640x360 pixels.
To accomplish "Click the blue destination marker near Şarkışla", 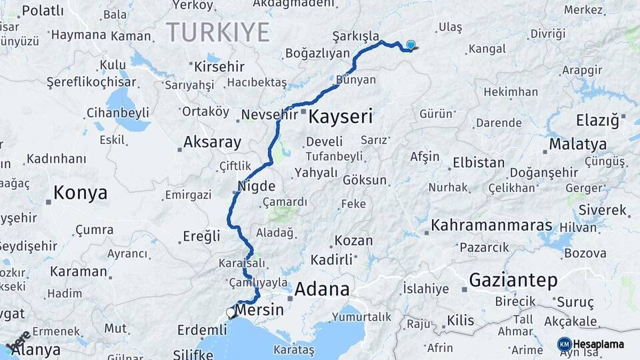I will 411,45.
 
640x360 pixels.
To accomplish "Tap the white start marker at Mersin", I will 231,312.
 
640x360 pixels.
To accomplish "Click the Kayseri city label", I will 340,117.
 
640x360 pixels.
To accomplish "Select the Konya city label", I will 80,193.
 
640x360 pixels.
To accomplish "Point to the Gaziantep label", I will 513,281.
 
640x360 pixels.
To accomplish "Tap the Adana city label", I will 321,289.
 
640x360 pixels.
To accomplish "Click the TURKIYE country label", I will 218,32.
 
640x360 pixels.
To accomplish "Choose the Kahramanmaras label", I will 492,225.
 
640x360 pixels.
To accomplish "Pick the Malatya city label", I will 577,144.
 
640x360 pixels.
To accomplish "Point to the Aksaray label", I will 212,142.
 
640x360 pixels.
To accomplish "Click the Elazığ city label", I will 597,121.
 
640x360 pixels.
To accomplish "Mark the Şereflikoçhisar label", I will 91,82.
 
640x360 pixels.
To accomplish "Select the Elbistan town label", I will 479,163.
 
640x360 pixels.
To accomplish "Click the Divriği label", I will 548,33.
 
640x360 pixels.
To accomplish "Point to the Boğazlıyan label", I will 317,53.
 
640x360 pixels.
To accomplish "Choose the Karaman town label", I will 79,272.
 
